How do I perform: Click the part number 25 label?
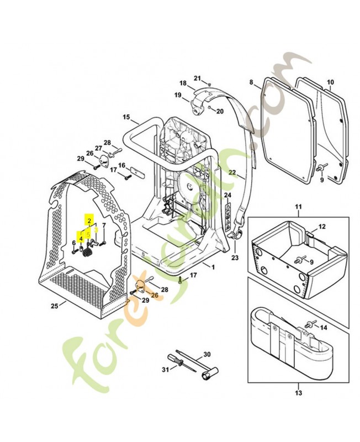pos(54,305)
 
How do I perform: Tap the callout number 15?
pos(126,117)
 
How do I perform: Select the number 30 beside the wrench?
pos(208,354)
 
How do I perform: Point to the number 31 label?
pos(164,370)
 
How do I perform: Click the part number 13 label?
pos(298,393)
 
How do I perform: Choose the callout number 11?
pos(298,208)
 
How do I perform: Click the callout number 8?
pos(251,83)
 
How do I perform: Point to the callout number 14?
pos(324,328)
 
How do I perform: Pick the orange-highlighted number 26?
pos(155,295)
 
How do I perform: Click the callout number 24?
pos(228,196)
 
